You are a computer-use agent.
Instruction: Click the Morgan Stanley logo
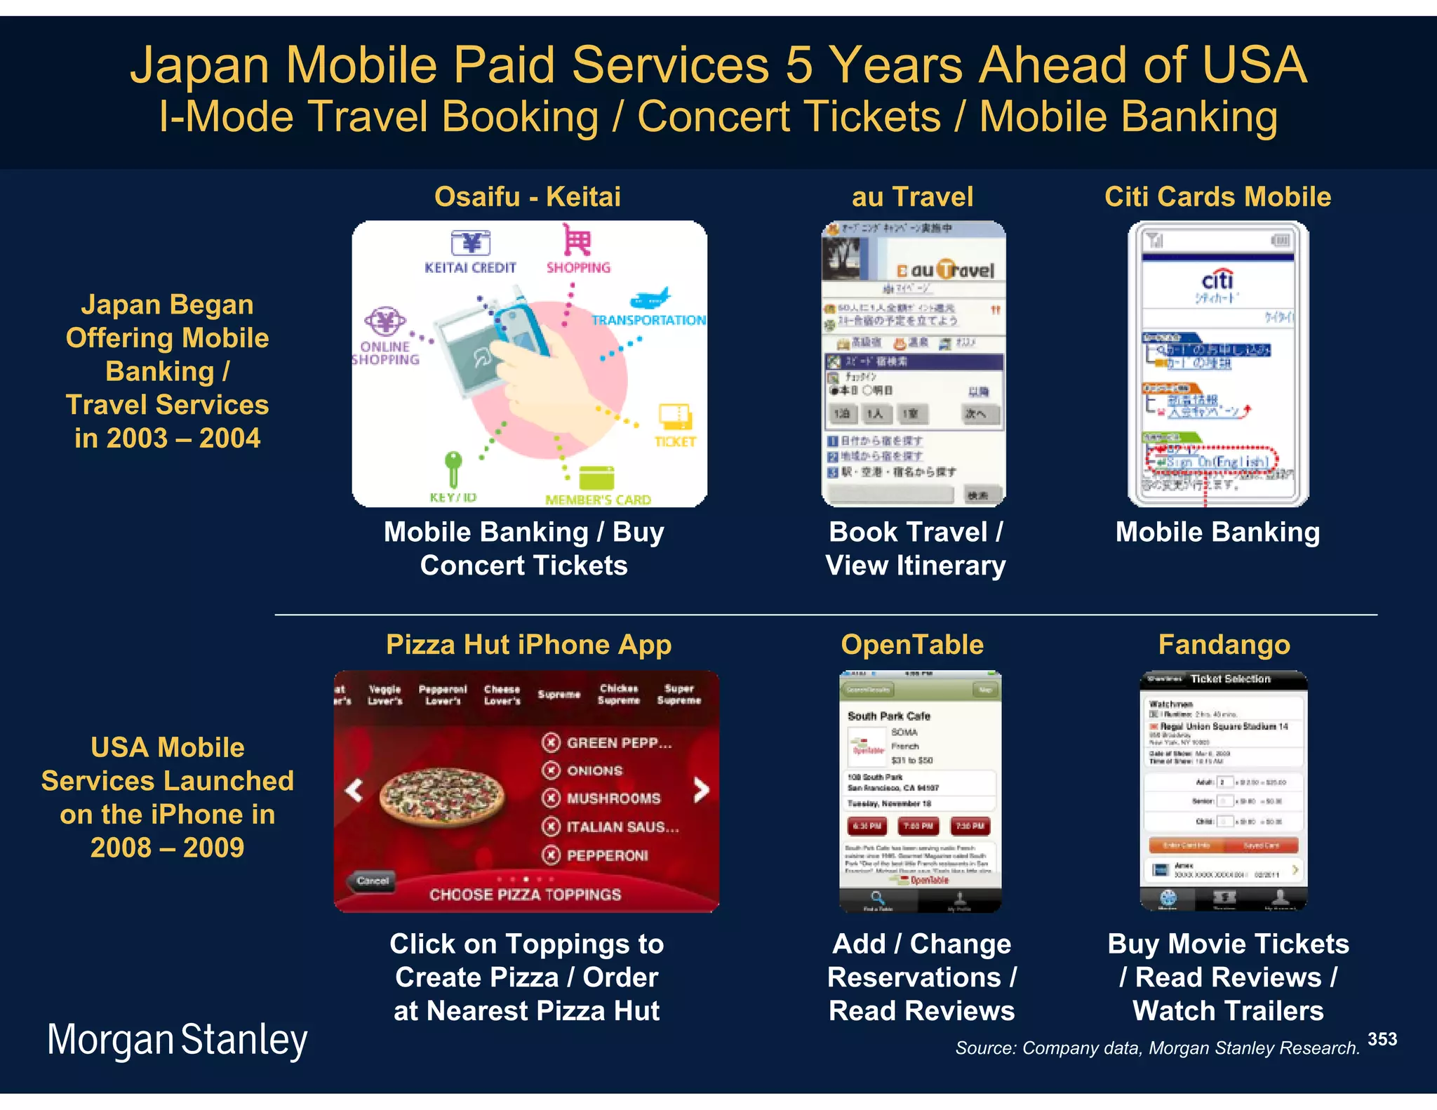[x=177, y=1040]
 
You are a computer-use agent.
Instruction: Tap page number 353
[x=1382, y=1039]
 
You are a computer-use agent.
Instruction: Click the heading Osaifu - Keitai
[x=527, y=196]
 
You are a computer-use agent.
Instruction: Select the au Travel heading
[x=912, y=196]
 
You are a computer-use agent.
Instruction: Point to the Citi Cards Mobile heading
[x=1217, y=196]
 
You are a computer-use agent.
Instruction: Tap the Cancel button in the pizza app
[x=372, y=881]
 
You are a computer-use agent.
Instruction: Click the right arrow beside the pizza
[x=701, y=790]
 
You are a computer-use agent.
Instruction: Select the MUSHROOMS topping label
[x=613, y=798]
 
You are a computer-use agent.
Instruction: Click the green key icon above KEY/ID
[x=453, y=467]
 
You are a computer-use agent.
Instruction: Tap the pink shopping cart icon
[x=577, y=241]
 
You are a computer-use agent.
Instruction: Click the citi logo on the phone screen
[x=1217, y=281]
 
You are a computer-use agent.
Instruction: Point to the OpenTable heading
[x=912, y=644]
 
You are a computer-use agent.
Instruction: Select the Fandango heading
[x=1224, y=644]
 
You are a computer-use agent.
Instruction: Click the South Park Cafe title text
[x=888, y=716]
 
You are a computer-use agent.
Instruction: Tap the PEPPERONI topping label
[x=607, y=855]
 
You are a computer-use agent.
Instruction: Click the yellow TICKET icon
[x=675, y=417]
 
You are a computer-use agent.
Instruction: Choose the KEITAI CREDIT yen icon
[x=470, y=243]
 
